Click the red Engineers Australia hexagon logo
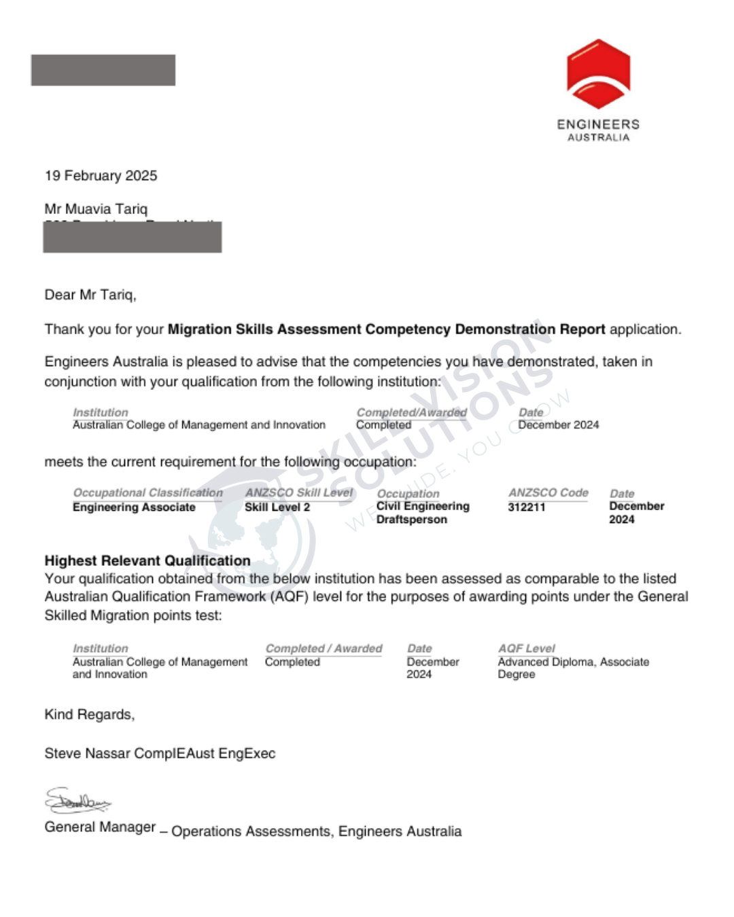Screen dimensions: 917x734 click(x=598, y=74)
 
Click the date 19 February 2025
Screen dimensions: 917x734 click(x=101, y=176)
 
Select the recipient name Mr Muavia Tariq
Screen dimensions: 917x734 click(x=96, y=209)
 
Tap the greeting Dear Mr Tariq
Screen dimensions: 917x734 click(x=90, y=295)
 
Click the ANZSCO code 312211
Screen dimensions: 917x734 click(x=527, y=507)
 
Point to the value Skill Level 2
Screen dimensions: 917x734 click(x=277, y=507)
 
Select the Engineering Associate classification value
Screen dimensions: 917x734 click(x=134, y=507)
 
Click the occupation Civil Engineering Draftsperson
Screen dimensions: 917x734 click(x=423, y=513)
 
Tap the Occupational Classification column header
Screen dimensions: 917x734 click(x=147, y=492)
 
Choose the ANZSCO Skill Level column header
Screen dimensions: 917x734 click(x=299, y=492)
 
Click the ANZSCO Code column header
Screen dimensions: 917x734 click(x=548, y=492)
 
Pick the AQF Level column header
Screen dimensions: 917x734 click(x=526, y=649)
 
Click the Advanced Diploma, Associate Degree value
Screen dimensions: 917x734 click(x=573, y=668)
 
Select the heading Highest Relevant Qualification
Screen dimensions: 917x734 click(x=147, y=561)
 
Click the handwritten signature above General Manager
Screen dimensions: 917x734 click(x=77, y=801)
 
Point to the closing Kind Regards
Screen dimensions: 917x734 click(x=89, y=715)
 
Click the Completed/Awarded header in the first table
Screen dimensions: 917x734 click(x=411, y=412)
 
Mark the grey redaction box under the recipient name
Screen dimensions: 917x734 click(x=133, y=238)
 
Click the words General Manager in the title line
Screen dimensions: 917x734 click(x=100, y=827)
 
